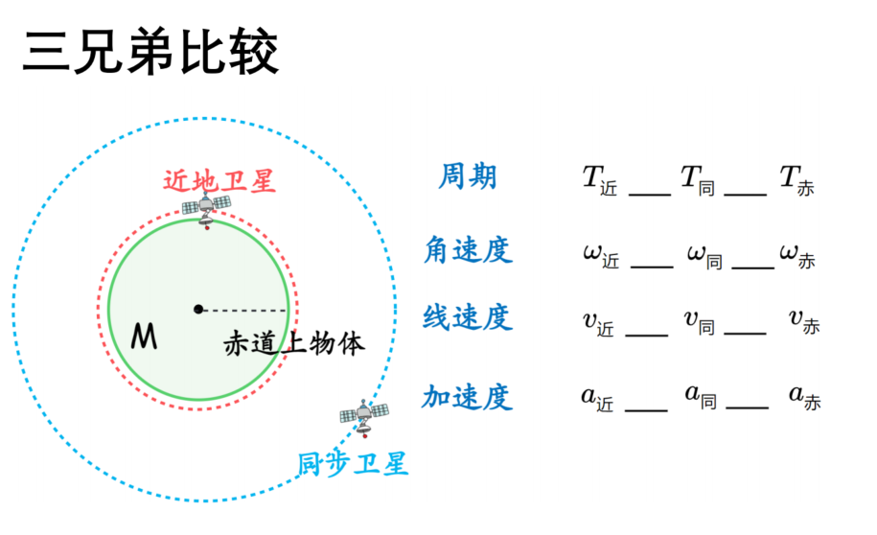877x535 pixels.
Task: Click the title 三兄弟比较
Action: click(150, 52)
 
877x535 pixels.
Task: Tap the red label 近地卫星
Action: click(219, 181)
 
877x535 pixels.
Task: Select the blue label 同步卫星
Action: click(353, 464)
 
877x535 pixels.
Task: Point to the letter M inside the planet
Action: click(144, 337)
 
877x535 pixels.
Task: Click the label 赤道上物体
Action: click(294, 343)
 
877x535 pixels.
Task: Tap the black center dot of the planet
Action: click(198, 309)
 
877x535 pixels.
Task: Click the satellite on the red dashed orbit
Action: click(206, 209)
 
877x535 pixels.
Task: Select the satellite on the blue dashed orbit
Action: click(364, 417)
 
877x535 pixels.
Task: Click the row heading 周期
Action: click(468, 176)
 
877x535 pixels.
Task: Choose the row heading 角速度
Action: click(468, 249)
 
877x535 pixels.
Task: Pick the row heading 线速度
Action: click(468, 317)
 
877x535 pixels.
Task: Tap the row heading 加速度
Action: click(467, 397)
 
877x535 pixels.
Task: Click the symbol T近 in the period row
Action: click(600, 181)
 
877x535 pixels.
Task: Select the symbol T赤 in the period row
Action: click(797, 181)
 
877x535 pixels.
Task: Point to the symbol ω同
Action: click(705, 257)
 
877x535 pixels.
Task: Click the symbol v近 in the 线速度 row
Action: click(598, 324)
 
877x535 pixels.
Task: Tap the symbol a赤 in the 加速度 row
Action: click(805, 397)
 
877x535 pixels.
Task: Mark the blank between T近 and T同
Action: click(650, 195)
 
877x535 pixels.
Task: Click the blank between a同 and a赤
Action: click(748, 407)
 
